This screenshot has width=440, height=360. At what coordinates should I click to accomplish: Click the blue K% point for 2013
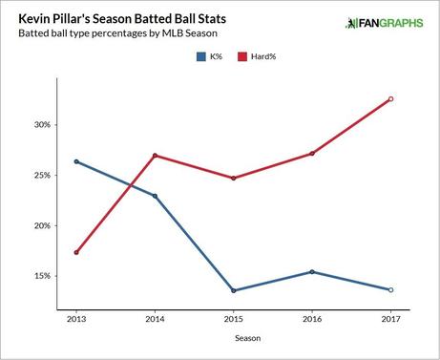click(76, 161)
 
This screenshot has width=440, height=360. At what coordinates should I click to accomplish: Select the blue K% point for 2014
click(155, 196)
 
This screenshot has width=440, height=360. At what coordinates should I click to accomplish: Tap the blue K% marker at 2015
click(234, 290)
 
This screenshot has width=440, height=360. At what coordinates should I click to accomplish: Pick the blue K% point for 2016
click(312, 272)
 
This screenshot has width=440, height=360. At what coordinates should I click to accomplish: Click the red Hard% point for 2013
click(76, 252)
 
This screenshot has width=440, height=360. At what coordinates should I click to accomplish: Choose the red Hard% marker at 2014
click(155, 156)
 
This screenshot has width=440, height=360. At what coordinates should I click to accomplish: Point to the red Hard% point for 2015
click(234, 178)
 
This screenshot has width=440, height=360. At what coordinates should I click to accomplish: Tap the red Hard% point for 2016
click(312, 154)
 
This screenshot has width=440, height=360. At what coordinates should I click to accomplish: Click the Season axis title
click(234, 338)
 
